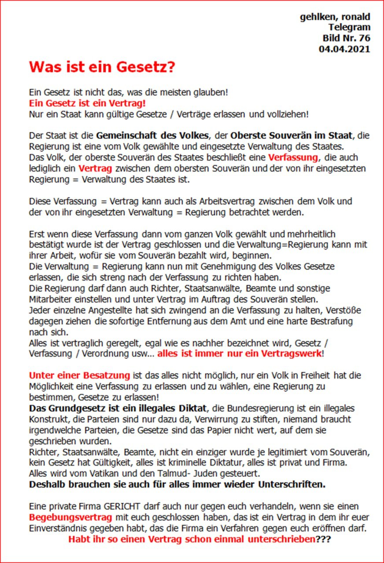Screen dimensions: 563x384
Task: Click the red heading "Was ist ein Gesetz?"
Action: click(x=102, y=67)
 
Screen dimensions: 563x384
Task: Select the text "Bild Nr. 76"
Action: click(x=346, y=38)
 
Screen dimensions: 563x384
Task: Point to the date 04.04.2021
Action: click(x=344, y=49)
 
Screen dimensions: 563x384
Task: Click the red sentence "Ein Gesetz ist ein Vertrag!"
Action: click(x=87, y=104)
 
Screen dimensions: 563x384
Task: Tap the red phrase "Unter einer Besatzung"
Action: click(x=80, y=376)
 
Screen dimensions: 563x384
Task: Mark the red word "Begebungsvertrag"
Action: click(x=70, y=517)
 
